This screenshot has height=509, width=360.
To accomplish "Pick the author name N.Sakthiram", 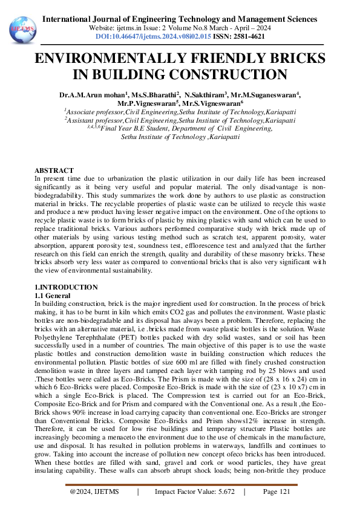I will (205, 96).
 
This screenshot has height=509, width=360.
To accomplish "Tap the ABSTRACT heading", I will (54, 170).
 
